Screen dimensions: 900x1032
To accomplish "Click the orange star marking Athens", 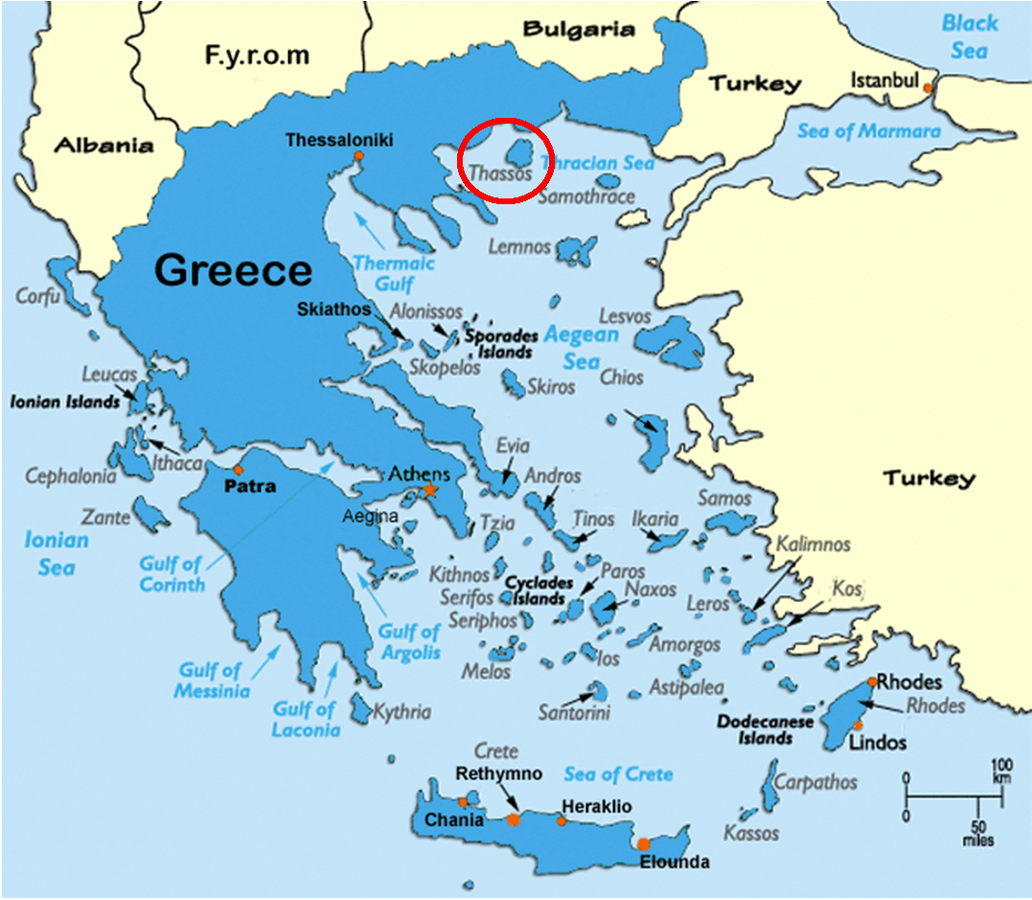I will point(430,491).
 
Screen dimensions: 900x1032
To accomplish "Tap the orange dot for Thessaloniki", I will point(358,155).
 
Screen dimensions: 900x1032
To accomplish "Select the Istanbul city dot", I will point(927,89).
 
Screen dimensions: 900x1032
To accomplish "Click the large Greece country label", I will point(234,270).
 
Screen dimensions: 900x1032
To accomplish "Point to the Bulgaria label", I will point(578,30).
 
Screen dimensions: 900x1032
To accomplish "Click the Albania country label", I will point(103,146).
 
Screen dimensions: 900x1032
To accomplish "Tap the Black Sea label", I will point(969,36).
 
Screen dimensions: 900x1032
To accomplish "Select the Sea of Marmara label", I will point(869,131).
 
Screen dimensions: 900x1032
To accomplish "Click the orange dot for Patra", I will point(238,470).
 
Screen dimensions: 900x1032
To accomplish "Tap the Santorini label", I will point(574,713).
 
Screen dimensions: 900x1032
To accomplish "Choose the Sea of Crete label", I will point(618,773).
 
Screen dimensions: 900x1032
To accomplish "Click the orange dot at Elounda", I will point(643,844).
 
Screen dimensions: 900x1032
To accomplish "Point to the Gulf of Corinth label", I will point(172,573).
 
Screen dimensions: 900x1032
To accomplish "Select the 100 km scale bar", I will point(954,796).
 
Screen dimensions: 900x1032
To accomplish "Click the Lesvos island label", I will point(625,316).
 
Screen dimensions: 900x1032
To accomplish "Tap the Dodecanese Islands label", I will point(766,729).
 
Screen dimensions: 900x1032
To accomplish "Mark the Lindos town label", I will point(878,743).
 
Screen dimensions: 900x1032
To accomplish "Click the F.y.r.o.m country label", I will point(257,55).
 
